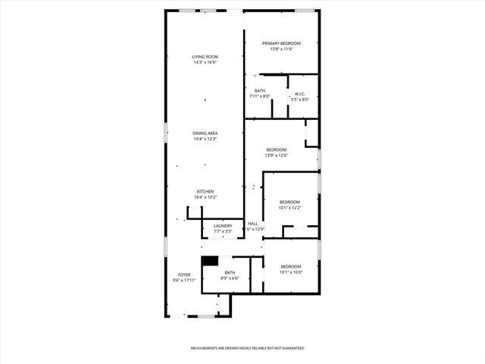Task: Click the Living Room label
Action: [205, 57]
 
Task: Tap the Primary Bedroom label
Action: [281, 43]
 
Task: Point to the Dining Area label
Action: [205, 133]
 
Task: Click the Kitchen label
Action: [205, 191]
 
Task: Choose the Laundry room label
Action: [223, 225]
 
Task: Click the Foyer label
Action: [184, 275]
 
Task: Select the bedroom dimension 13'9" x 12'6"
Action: [276, 155]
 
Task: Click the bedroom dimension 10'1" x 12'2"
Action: [290, 207]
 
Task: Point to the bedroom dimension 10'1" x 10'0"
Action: [291, 271]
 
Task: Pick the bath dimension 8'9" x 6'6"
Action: [229, 278]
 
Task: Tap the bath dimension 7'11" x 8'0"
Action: [260, 96]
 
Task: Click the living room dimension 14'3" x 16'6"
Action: [205, 63]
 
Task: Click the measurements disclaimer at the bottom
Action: [247, 348]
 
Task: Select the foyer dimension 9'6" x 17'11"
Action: [184, 281]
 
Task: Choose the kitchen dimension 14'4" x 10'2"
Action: [205, 197]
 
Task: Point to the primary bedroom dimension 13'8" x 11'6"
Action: [281, 49]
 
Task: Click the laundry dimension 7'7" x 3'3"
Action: [223, 231]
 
